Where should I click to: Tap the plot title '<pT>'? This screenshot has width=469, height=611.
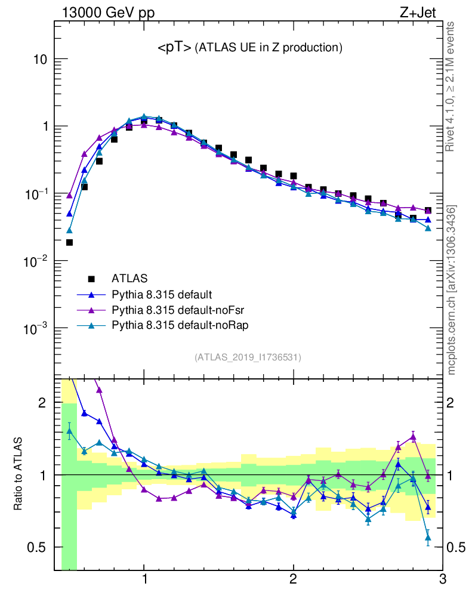pos(174,48)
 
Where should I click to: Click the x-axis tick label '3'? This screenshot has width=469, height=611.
pos(442,580)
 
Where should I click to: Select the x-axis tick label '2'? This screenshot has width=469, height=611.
pos(293,580)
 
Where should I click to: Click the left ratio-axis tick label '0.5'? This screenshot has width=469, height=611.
pos(37,547)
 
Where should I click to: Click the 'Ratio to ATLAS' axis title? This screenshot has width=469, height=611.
pos(18,475)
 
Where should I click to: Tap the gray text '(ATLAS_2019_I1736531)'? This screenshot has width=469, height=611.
pos(248,357)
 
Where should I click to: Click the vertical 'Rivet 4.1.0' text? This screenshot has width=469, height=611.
pos(451,87)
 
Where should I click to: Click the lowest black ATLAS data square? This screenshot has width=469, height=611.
pos(69,242)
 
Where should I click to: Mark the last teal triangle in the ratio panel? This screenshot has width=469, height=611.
pos(428,538)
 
